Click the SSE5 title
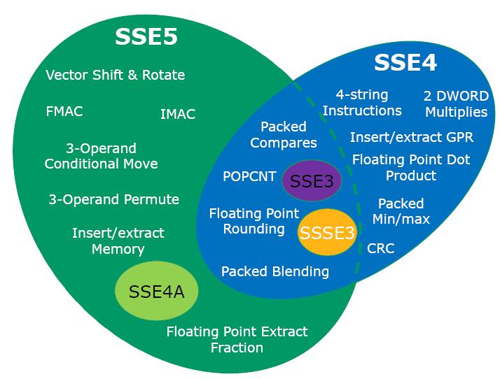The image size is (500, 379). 146,37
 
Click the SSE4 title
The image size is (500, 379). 405,62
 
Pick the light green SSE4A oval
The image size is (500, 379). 157,292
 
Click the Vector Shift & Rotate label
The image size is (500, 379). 116,75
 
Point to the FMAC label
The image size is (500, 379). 64,110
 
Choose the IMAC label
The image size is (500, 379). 178,113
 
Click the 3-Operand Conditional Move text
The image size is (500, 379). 101,157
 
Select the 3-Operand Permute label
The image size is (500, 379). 113,199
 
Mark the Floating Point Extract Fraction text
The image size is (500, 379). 237,339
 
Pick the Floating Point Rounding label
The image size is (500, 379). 254,221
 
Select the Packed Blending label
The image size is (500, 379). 275,271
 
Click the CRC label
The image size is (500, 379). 381,248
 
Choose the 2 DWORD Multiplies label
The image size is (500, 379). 456,103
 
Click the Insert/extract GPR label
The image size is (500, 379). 412,137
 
